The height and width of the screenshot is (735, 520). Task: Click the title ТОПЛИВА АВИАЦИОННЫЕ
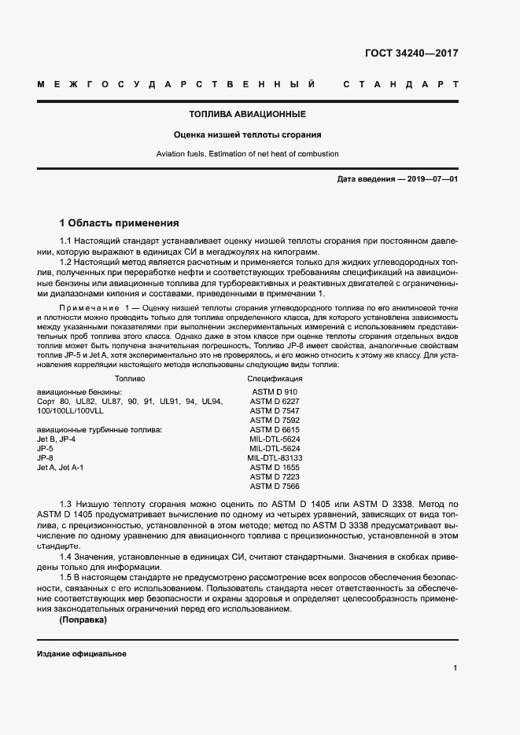(x=259, y=115)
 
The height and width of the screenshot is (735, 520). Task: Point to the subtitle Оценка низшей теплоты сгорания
(x=259, y=134)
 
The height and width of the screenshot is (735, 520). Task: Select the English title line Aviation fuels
(x=259, y=154)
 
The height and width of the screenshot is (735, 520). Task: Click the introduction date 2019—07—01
(x=431, y=179)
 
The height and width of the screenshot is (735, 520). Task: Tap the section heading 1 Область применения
(x=120, y=222)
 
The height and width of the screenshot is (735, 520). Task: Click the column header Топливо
(x=130, y=379)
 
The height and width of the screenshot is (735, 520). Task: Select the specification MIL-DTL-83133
(x=275, y=458)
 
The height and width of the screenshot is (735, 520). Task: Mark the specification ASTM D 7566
(x=275, y=486)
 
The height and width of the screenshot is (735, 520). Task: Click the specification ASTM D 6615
(x=275, y=429)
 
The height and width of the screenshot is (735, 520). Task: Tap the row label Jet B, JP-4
(x=56, y=439)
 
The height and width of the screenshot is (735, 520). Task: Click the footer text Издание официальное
(x=81, y=654)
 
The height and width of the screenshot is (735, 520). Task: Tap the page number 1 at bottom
(x=455, y=668)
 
